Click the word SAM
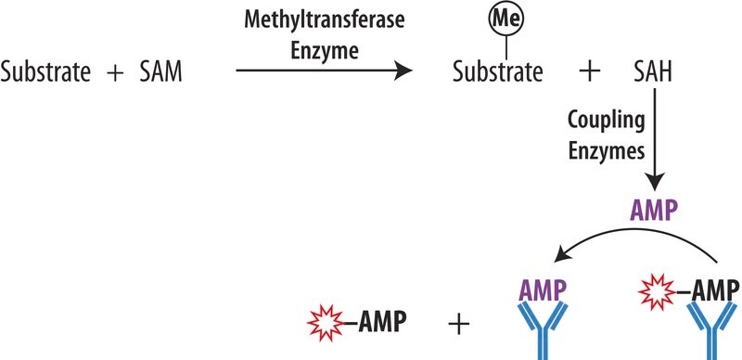(160, 73)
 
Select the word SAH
(653, 73)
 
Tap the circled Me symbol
(506, 20)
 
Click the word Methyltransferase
(325, 21)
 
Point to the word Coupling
(607, 122)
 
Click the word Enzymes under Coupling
(607, 151)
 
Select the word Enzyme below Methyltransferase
(325, 51)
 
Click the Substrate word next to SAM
(45, 73)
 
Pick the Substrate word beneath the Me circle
(498, 73)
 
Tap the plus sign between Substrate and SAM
(115, 74)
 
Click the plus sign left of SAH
(590, 73)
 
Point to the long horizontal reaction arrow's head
(403, 71)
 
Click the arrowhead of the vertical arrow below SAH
(655, 183)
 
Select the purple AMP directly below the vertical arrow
(653, 211)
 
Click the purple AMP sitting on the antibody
(542, 290)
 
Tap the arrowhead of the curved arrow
(563, 255)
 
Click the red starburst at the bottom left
(326, 323)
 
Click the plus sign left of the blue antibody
(459, 326)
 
